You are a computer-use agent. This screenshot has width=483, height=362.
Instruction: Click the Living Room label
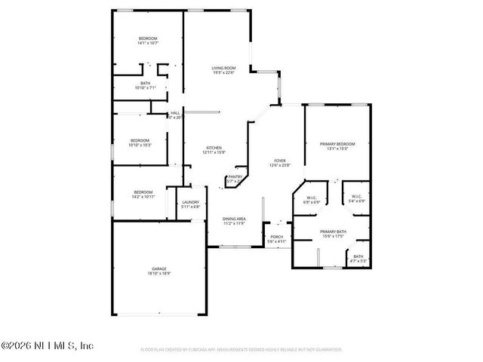(x=224, y=69)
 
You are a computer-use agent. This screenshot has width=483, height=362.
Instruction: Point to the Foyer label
(x=279, y=161)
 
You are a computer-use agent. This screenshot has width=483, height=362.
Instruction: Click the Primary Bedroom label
(x=337, y=143)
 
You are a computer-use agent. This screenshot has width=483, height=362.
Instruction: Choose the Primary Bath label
(x=332, y=232)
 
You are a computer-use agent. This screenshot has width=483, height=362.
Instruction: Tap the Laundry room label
(x=190, y=202)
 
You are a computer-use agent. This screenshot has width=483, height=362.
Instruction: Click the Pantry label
(x=235, y=176)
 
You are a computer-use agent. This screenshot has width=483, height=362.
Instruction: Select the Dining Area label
(x=234, y=218)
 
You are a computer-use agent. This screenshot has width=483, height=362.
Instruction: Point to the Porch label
(x=277, y=238)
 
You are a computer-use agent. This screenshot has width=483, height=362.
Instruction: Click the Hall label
(x=175, y=113)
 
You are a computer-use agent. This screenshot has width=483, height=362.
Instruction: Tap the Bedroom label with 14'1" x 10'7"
(x=147, y=38)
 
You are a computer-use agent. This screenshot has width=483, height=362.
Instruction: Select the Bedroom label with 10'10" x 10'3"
(x=140, y=140)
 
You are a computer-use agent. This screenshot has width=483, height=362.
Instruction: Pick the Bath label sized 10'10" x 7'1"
(x=145, y=84)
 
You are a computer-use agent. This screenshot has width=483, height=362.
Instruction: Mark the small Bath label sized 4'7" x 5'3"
(x=358, y=256)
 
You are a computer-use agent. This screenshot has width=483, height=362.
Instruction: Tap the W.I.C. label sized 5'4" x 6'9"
(x=357, y=198)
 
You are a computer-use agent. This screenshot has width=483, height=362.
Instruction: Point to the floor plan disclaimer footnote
(x=241, y=350)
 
